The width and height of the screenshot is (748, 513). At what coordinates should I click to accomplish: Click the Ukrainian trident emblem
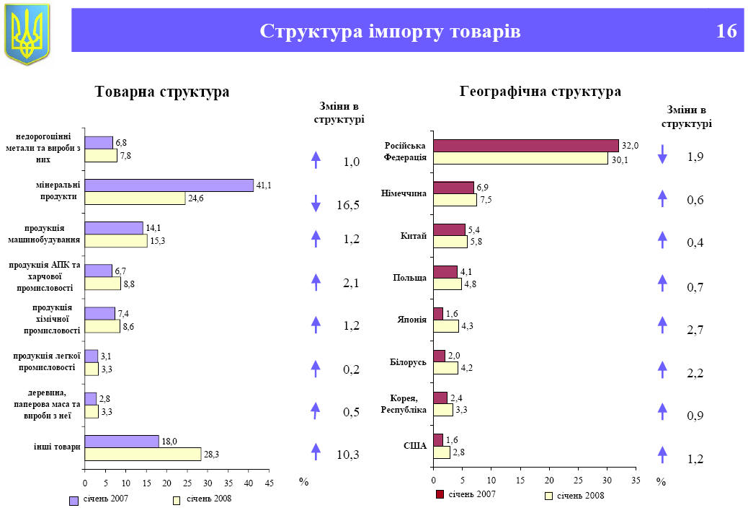tap(27, 33)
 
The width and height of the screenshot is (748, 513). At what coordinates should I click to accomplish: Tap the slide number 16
tap(726, 32)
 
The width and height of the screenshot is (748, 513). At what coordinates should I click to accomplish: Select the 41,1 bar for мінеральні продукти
tap(169, 185)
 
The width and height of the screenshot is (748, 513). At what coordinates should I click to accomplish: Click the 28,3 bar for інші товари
tap(143, 454)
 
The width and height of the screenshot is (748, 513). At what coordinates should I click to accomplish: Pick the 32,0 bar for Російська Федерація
tap(525, 146)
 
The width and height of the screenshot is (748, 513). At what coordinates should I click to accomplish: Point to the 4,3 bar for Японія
tap(446, 326)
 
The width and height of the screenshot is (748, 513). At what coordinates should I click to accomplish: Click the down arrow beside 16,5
tap(316, 204)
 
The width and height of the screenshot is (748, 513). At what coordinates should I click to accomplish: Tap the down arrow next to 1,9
tap(662, 154)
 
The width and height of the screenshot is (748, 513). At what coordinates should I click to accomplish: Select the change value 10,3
tap(348, 455)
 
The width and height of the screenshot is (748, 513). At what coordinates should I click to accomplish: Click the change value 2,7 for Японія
tap(695, 330)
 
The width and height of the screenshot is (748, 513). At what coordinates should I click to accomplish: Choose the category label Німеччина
tap(404, 193)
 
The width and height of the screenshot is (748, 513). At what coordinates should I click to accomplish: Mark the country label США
tap(415, 446)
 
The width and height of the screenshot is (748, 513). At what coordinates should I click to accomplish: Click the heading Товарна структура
tap(162, 92)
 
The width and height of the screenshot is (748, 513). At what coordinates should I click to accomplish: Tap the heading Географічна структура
tap(540, 92)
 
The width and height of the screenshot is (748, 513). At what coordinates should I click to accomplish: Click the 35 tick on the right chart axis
tap(636, 480)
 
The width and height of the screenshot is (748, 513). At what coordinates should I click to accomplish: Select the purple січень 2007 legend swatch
tap(74, 500)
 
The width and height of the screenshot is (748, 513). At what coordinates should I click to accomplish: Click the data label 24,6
tap(197, 198)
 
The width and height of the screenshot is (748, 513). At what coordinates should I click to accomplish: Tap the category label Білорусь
tap(408, 361)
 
